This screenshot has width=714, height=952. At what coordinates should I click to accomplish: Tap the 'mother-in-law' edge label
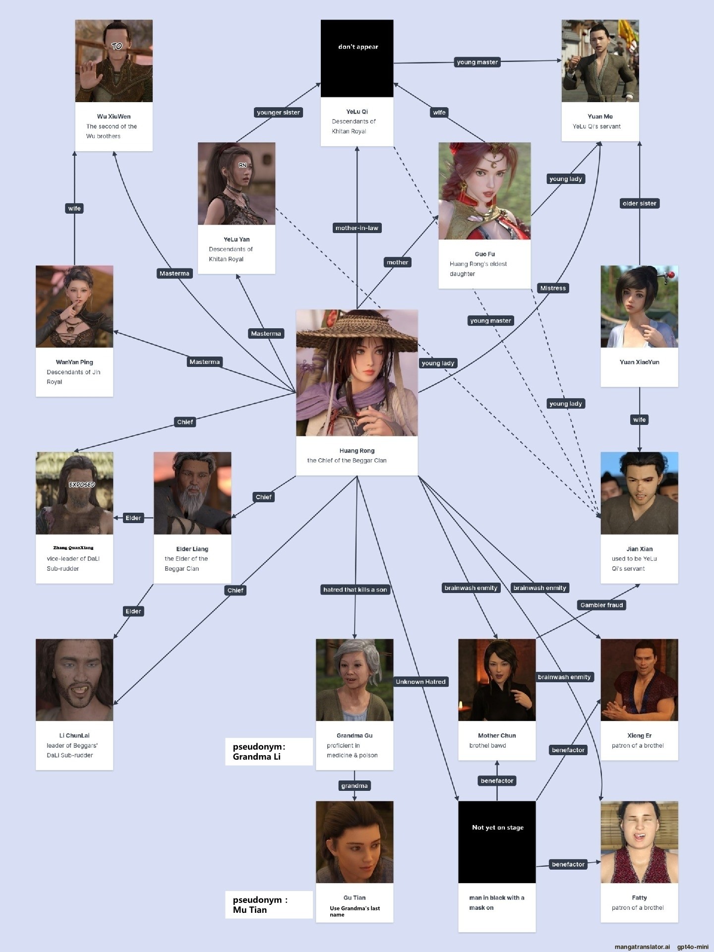(357, 228)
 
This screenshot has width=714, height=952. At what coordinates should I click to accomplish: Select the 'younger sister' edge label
(278, 113)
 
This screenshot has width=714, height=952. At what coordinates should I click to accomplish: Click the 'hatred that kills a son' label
(355, 590)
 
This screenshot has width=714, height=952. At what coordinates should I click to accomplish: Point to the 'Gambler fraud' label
(601, 605)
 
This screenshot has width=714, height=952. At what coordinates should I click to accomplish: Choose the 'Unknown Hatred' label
(420, 682)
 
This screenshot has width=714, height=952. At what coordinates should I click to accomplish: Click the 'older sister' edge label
(639, 203)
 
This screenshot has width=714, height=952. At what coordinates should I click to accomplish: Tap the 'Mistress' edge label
(553, 288)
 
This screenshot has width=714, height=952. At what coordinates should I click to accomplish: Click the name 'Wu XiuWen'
(114, 117)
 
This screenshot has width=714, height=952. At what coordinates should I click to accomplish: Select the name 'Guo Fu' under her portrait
(484, 254)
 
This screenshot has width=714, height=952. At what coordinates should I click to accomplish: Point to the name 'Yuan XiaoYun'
(639, 362)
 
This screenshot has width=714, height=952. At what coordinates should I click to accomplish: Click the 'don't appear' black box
(357, 59)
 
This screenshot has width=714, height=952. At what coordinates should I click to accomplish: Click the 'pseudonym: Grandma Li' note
(269, 752)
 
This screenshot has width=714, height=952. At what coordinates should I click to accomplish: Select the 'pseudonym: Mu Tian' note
(269, 905)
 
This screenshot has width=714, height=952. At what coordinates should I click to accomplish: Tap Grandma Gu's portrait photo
(355, 680)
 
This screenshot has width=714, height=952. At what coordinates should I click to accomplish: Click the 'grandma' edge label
(355, 786)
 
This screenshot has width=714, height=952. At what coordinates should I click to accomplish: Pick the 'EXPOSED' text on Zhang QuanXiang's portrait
(82, 484)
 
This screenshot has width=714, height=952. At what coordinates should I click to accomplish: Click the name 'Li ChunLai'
(74, 735)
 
